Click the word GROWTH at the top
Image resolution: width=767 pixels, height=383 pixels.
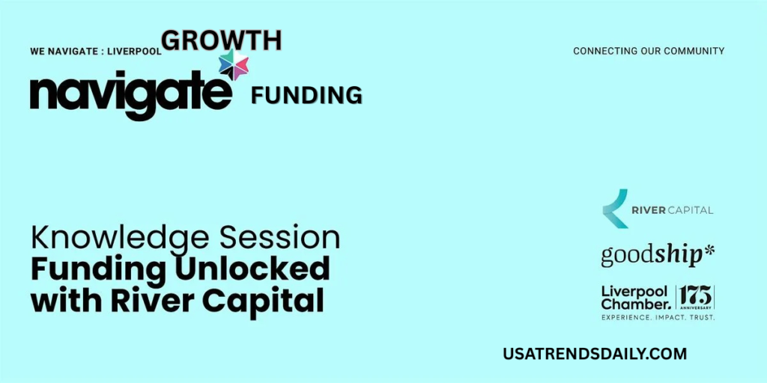click(x=222, y=40)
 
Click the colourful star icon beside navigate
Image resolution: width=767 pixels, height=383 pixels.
click(x=234, y=65)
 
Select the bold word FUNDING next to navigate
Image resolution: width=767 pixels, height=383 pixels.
click(x=306, y=96)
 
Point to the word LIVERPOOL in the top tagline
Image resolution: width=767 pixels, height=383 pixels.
click(x=135, y=52)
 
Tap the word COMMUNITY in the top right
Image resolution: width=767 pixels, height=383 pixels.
click(x=698, y=51)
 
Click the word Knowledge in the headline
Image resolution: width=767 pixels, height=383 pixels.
click(x=119, y=239)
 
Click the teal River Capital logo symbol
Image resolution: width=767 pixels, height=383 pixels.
click(x=615, y=209)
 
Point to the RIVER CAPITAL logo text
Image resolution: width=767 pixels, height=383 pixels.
click(x=673, y=209)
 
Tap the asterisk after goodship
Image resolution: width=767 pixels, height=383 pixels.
click(x=709, y=250)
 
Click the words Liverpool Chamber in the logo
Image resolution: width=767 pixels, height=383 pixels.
click(x=635, y=298)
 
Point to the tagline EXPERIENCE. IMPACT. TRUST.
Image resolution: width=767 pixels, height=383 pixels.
click(x=658, y=317)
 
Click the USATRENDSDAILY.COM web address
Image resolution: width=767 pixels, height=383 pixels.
click(x=595, y=354)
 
